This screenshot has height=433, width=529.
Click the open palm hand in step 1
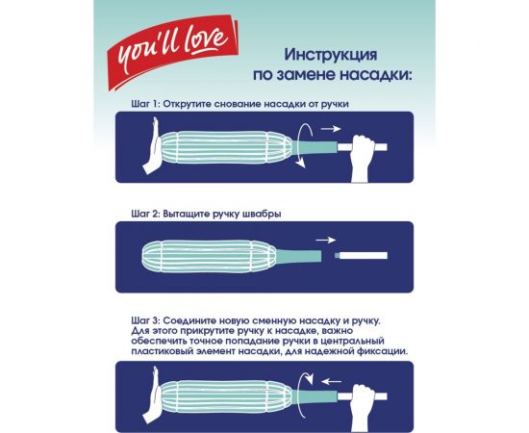[x=152, y=148]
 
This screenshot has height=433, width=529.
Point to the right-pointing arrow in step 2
[x=327, y=240]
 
